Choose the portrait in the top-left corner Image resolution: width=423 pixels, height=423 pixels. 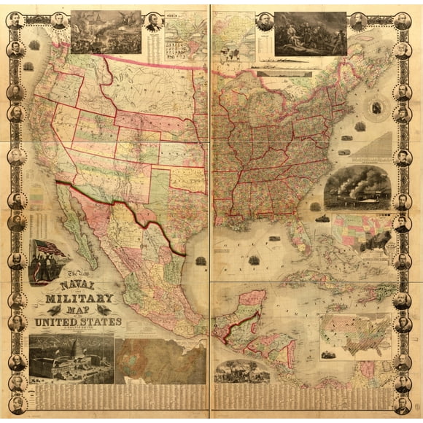pyautogui.click(x=15, y=19)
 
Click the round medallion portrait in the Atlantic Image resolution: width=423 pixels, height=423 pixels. pyautogui.click(x=378, y=109)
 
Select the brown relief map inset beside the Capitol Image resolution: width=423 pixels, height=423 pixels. pyautogui.click(x=160, y=358)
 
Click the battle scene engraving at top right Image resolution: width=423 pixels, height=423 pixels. pyautogui.click(x=309, y=33)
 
